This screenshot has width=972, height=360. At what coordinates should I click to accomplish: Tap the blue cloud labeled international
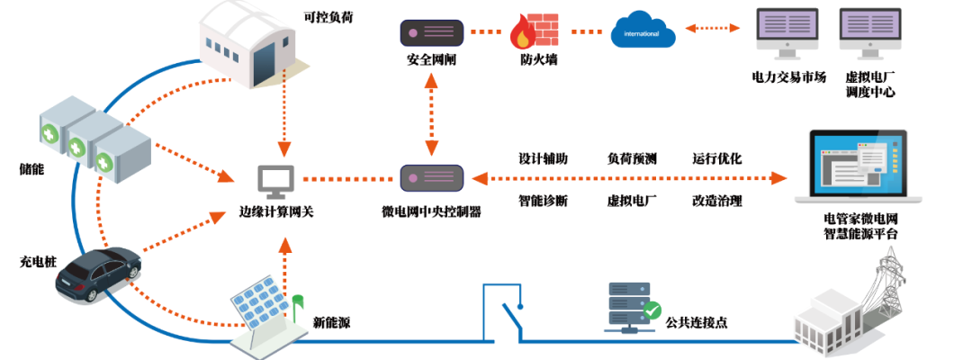coord(643,31)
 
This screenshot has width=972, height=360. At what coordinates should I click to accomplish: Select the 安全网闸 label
coord(432,60)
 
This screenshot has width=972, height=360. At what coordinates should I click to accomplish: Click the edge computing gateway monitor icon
coord(275,181)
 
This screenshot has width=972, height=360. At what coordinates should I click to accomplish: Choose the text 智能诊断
coord(543,201)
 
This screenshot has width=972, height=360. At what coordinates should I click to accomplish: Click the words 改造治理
coord(716,201)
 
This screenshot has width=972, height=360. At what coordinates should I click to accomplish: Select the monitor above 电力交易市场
coord(787,34)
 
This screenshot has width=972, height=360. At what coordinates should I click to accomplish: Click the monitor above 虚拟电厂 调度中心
coord(869,34)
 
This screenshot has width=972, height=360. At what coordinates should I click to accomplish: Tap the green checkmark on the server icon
coord(652,311)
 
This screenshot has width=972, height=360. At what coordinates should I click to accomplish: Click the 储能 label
coord(31,168)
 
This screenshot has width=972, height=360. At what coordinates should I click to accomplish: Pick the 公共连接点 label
coord(697,320)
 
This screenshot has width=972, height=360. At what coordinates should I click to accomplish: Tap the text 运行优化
coord(716,158)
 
